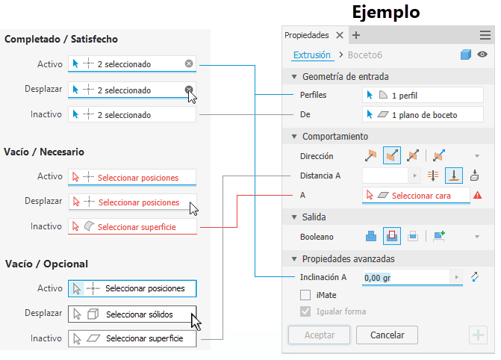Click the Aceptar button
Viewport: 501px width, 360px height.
[319, 335]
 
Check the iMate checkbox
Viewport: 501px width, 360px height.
[305, 296]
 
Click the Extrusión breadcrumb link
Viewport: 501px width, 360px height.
[311, 55]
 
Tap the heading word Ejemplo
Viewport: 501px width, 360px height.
[385, 12]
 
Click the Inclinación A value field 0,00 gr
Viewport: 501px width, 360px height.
[407, 277]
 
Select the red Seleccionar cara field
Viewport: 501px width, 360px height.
[416, 195]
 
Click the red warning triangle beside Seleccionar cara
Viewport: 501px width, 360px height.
[477, 195]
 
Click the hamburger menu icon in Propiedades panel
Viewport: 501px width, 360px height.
[485, 34]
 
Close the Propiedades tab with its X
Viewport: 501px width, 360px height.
[339, 35]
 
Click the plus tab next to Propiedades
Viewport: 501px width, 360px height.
[355, 35]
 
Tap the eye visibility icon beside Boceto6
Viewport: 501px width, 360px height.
[483, 55]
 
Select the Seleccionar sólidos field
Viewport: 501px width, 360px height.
[132, 314]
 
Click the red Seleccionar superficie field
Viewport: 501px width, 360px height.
[132, 226]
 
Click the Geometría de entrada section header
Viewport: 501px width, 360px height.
[345, 76]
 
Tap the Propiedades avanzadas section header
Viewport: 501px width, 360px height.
[348, 258]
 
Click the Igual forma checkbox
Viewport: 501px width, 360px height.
[305, 311]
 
